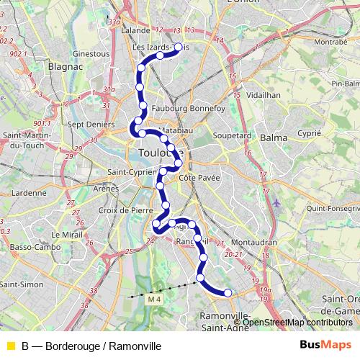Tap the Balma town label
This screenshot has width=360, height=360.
point(273,137)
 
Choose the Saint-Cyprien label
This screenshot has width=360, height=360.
point(132,172)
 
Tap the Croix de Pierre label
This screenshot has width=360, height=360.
point(126,210)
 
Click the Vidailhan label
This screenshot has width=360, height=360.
point(264,94)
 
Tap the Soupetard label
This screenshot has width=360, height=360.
point(232,135)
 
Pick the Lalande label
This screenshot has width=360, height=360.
point(136,31)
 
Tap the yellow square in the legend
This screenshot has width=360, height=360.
point(9,346)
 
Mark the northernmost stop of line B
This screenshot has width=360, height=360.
point(179,47)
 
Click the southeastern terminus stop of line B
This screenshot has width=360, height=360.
point(228,292)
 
